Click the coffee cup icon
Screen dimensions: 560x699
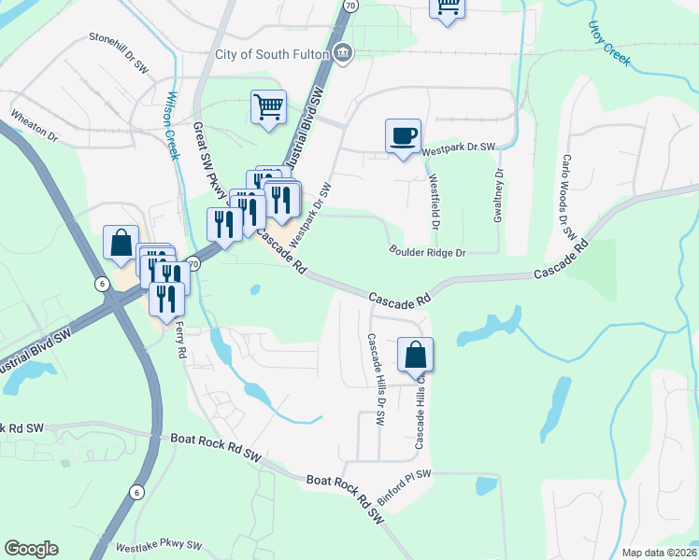[x=403, y=136]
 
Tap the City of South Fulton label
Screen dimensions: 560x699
[x=272, y=54]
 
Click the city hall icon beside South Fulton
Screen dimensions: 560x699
[x=343, y=53]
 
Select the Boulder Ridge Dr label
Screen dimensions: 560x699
[x=427, y=252]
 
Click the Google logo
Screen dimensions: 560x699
[x=31, y=549]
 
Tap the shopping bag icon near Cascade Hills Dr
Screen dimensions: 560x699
[x=415, y=355]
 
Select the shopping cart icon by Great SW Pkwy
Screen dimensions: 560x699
[x=268, y=106]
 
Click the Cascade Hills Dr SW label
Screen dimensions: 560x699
[x=376, y=380]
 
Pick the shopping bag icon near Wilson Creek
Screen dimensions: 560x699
[x=121, y=244]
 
